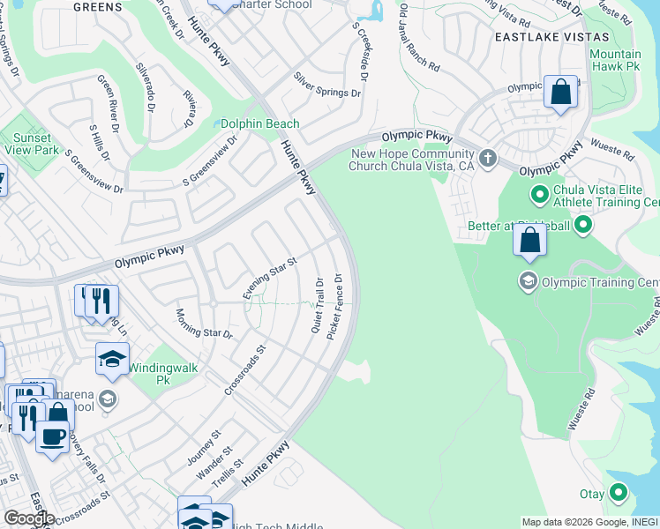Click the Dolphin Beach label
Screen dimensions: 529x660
259,124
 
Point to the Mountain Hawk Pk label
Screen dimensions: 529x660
615,60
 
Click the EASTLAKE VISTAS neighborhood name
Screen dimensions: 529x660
551,37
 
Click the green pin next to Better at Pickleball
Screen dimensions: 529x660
582,227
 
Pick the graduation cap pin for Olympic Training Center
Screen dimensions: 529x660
528,281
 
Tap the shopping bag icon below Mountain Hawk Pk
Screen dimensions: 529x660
560,92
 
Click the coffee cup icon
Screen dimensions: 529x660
53,436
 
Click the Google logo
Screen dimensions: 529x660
28,518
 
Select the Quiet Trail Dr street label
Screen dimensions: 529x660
318,306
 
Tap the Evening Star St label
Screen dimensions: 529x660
271,279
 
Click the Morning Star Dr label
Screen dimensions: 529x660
203,324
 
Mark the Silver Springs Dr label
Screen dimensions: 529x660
327,85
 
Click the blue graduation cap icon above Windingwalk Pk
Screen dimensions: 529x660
112,358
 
